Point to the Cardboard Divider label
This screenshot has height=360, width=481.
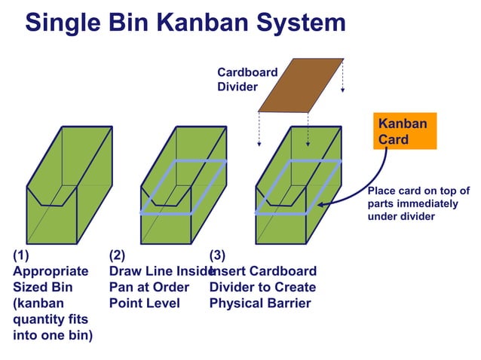tap(247, 80)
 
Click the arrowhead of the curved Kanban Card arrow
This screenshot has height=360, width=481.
tap(321, 203)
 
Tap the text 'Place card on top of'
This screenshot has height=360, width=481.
tap(418, 191)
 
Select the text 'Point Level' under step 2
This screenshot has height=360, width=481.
tap(145, 304)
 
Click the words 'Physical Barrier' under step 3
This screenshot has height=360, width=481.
tap(260, 304)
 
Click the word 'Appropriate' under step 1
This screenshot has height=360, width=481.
tap(51, 271)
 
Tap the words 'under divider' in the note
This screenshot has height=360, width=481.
tap(401, 217)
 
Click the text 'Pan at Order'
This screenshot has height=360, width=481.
tap(149, 288)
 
